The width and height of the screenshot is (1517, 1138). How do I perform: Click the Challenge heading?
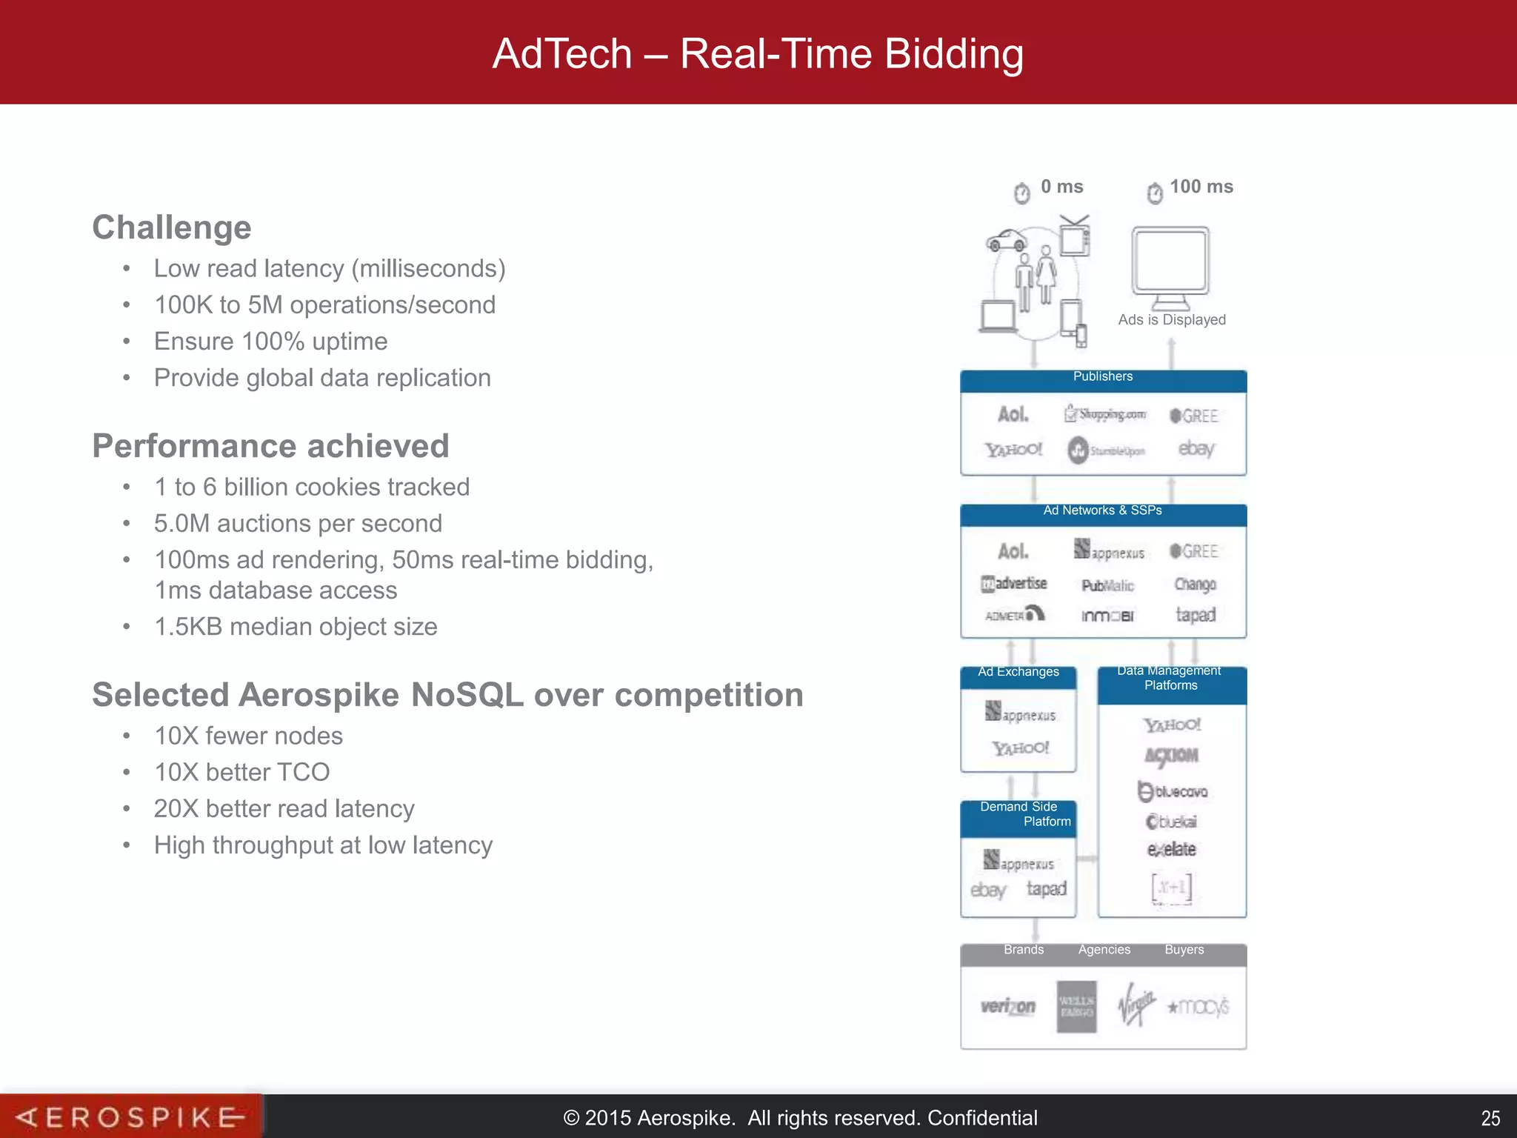(x=172, y=227)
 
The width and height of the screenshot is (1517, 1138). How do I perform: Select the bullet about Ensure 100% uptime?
(x=270, y=342)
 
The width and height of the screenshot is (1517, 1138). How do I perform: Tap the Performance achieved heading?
(x=270, y=446)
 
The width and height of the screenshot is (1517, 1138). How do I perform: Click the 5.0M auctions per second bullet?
(x=298, y=524)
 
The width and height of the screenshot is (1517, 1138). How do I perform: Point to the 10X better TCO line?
(x=241, y=772)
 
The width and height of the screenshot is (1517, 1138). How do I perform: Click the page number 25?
(x=1490, y=1118)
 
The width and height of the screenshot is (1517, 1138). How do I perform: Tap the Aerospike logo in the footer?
(x=130, y=1117)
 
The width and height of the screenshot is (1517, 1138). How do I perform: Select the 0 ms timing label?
(x=1061, y=187)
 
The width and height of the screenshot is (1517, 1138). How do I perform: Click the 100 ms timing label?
(x=1201, y=187)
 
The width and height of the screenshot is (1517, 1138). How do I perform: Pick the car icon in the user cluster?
(x=1007, y=240)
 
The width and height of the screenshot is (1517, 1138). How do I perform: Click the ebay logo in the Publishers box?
(x=1196, y=449)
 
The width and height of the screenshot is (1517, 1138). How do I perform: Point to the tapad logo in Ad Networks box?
(x=1196, y=615)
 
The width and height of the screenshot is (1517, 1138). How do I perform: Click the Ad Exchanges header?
(x=1018, y=673)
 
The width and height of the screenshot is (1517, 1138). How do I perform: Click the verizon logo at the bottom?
(x=1007, y=1006)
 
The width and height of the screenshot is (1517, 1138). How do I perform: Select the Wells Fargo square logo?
(x=1076, y=1006)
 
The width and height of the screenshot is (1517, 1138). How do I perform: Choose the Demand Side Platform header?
(x=1018, y=814)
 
